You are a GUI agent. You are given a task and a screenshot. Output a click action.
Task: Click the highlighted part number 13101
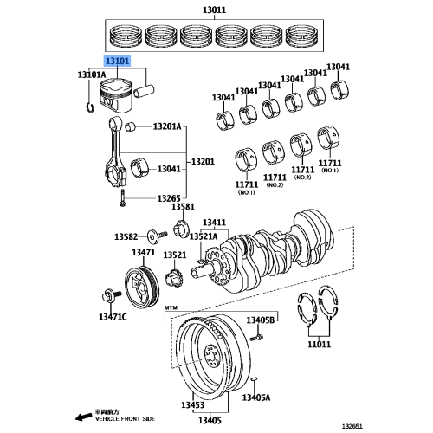click(x=118, y=62)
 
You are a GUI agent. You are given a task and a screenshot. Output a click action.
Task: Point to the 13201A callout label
click(x=168, y=127)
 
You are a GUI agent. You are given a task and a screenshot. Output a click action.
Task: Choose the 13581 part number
click(x=183, y=208)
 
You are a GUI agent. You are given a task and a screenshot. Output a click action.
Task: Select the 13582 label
click(x=127, y=236)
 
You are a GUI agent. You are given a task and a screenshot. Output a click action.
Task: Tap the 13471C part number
click(x=112, y=318)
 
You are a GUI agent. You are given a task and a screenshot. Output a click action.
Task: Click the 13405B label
click(x=260, y=320)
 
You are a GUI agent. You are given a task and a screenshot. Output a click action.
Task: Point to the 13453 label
click(x=192, y=405)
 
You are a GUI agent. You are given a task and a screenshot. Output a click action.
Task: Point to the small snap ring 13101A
click(x=90, y=107)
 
